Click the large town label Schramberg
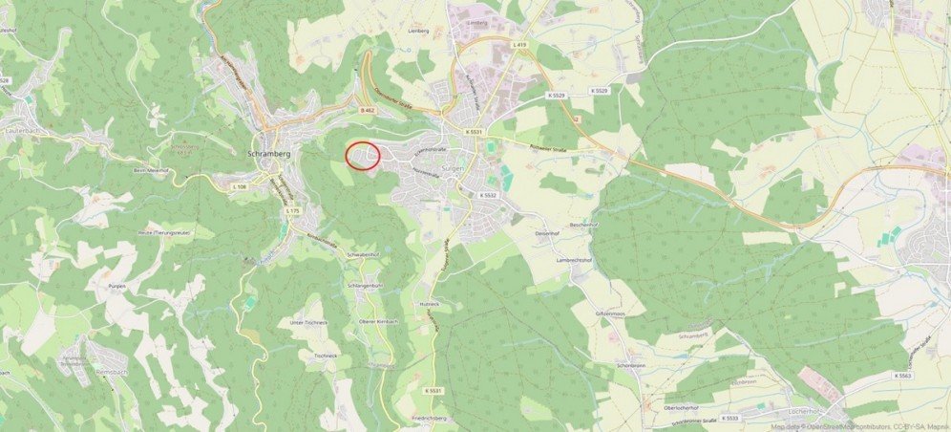click(x=268, y=153)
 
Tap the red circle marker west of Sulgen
click(x=362, y=155)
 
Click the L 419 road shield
click(x=519, y=45)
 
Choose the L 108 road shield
click(x=239, y=186)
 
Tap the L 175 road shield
click(x=292, y=210)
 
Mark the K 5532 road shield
click(x=489, y=195)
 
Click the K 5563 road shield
click(x=902, y=377)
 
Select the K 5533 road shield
click(x=729, y=418)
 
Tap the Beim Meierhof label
click(x=151, y=170)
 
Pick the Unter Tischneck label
click(x=307, y=323)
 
